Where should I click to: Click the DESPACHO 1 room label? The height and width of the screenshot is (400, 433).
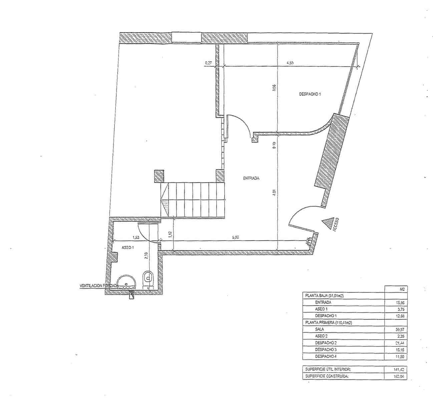[x=310, y=94]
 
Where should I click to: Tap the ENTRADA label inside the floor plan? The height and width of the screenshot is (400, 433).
[x=251, y=178]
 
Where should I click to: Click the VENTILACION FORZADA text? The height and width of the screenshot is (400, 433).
[x=99, y=286]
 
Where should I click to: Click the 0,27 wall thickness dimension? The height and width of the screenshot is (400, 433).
[x=208, y=62]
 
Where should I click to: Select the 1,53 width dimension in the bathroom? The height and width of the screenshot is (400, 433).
[x=136, y=237]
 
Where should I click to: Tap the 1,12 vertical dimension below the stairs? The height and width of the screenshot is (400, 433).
[x=170, y=234]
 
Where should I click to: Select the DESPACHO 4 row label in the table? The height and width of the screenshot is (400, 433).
[x=325, y=356]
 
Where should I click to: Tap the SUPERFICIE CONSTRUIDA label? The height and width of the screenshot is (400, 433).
[x=327, y=377]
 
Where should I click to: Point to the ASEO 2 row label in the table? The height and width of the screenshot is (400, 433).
[x=321, y=336]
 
